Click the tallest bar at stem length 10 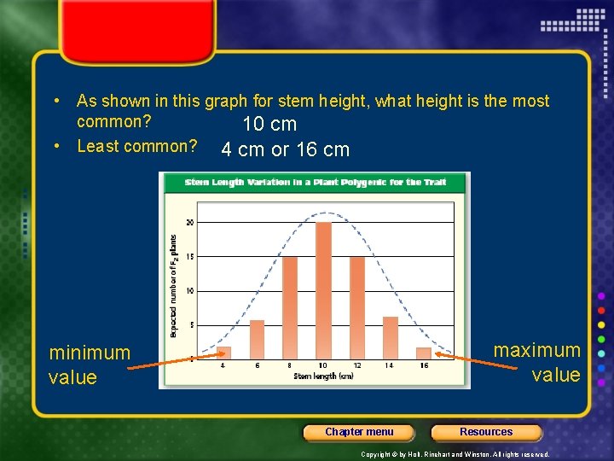[x=323, y=290]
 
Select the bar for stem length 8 [x=290, y=307]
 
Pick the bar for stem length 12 [x=356, y=307]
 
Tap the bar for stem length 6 [x=257, y=339]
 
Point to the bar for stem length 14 [x=391, y=337]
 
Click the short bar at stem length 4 [x=223, y=352]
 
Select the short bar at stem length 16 [x=424, y=353]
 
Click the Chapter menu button [x=359, y=432]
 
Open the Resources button [x=486, y=432]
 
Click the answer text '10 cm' [x=269, y=125]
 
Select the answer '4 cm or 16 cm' [x=285, y=150]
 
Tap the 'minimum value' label [x=90, y=365]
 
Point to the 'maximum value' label [x=537, y=362]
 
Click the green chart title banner [x=315, y=182]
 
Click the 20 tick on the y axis [x=189, y=222]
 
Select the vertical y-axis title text [x=174, y=286]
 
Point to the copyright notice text [x=455, y=454]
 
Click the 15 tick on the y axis [x=189, y=257]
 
